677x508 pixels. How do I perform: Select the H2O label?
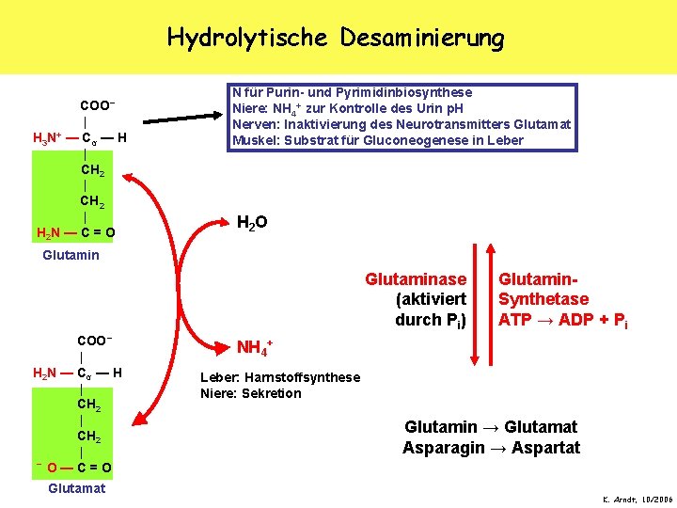pyautogui.click(x=251, y=224)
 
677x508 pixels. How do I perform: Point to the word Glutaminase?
pyautogui.click(x=416, y=278)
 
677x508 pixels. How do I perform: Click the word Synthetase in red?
pyautogui.click(x=543, y=299)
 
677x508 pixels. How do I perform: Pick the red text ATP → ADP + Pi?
pyautogui.click(x=563, y=320)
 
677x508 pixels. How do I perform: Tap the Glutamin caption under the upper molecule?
pyautogui.click(x=71, y=255)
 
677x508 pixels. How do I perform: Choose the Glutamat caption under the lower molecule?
pyautogui.click(x=77, y=488)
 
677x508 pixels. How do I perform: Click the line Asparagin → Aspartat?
pyautogui.click(x=491, y=448)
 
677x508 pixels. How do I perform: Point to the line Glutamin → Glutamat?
pyautogui.click(x=491, y=426)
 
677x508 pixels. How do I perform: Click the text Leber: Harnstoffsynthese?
pyautogui.click(x=280, y=377)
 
